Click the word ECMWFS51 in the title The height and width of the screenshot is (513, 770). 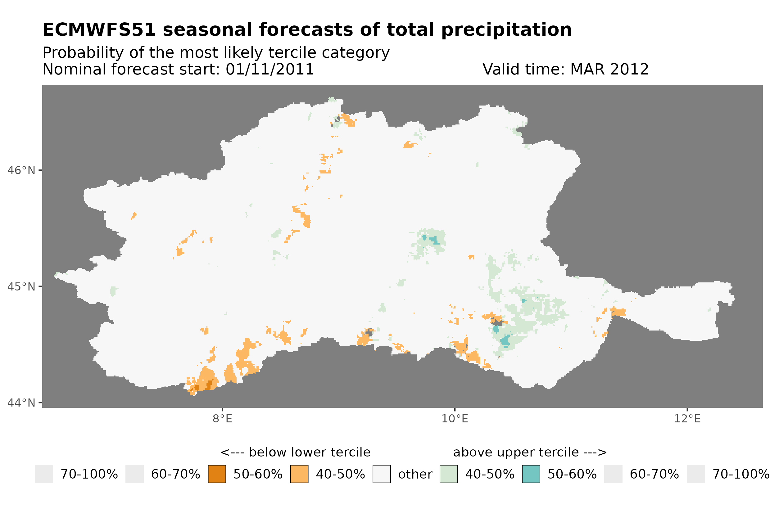99,30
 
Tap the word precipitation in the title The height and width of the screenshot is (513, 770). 506,30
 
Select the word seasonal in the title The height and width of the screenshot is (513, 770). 208,30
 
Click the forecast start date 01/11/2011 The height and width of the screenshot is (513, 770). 269,69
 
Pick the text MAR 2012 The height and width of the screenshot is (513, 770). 609,69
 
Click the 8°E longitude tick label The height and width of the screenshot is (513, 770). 222,419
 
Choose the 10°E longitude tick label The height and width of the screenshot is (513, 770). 455,419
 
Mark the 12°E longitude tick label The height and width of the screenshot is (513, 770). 687,419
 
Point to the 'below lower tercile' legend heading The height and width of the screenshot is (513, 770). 295,452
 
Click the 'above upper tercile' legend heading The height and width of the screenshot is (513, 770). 530,452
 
